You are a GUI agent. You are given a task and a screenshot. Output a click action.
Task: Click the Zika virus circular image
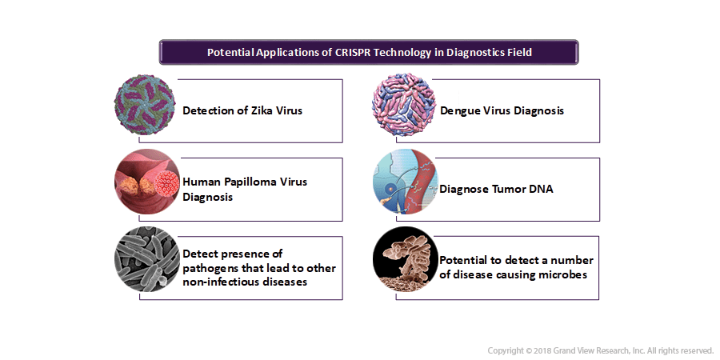tap(145, 105)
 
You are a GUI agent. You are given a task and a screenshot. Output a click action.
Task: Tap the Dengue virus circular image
tap(404, 105)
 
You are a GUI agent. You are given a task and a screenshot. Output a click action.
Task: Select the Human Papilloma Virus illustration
tap(147, 182)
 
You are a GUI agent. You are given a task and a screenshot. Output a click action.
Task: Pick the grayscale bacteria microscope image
tap(147, 259)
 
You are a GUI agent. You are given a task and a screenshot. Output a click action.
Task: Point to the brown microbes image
tap(405, 259)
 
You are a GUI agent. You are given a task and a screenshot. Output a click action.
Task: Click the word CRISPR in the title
tap(352, 52)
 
